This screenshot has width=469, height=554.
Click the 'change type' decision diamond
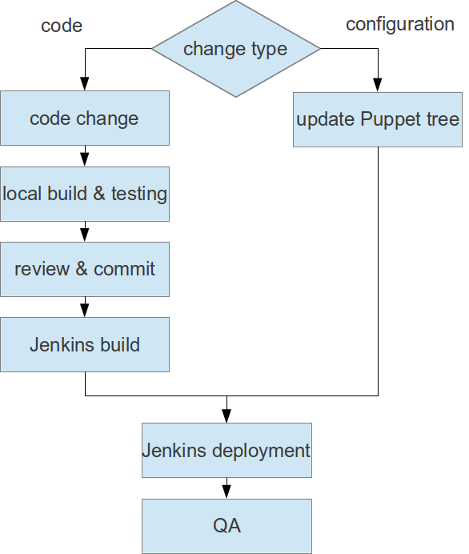click(235, 49)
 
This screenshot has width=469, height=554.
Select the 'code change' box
click(85, 118)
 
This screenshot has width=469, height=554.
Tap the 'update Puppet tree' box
click(377, 119)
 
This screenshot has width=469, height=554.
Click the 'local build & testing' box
click(85, 194)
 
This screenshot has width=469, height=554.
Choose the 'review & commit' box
click(85, 269)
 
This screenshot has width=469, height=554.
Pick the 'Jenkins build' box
click(85, 345)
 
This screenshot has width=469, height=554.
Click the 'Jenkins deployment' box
click(226, 450)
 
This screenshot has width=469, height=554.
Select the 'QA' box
click(226, 526)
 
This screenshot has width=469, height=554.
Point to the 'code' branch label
click(62, 26)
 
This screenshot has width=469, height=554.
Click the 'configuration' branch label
click(400, 24)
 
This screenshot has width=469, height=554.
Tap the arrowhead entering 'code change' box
click(85, 84)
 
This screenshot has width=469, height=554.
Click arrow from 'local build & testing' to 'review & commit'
click(85, 231)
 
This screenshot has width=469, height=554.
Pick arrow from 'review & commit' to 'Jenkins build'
click(85, 307)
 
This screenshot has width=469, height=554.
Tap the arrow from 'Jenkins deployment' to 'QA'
click(226, 488)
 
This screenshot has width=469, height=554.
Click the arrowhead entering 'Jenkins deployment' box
click(226, 415)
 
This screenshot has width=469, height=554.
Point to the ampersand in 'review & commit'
click(82, 269)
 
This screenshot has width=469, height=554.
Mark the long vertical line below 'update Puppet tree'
click(377, 272)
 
